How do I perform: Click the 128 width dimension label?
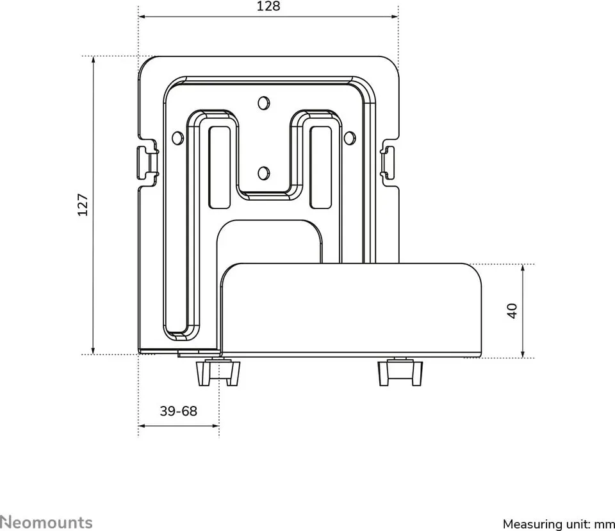click(268, 6)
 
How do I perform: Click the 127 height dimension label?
click(83, 204)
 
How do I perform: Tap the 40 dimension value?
click(512, 310)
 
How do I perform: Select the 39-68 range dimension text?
click(179, 411)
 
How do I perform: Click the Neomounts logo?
click(46, 523)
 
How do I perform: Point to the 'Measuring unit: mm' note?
click(559, 524)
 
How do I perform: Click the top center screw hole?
click(263, 103)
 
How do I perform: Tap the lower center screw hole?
click(263, 173)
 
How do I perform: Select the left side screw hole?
click(177, 137)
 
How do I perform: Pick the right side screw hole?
click(350, 137)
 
